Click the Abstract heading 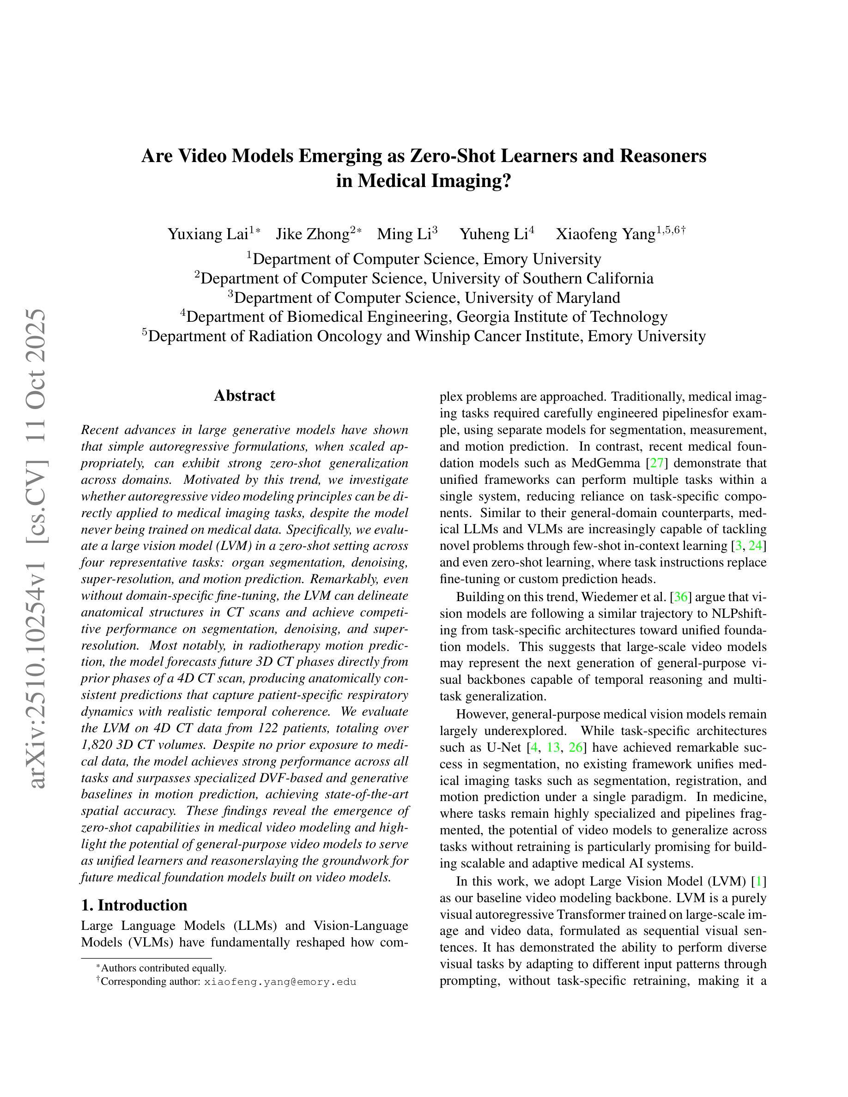pos(244,396)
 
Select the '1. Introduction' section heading pos(133,905)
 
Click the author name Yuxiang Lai pos(207,234)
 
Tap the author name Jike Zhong pos(313,234)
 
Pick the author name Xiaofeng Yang pos(606,234)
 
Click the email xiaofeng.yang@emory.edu pos(280,982)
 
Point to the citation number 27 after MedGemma pos(657,463)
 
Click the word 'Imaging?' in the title pos(468,181)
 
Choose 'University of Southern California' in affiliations pos(543,278)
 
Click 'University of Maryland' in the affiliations pos(542,298)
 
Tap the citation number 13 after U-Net pos(553,748)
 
